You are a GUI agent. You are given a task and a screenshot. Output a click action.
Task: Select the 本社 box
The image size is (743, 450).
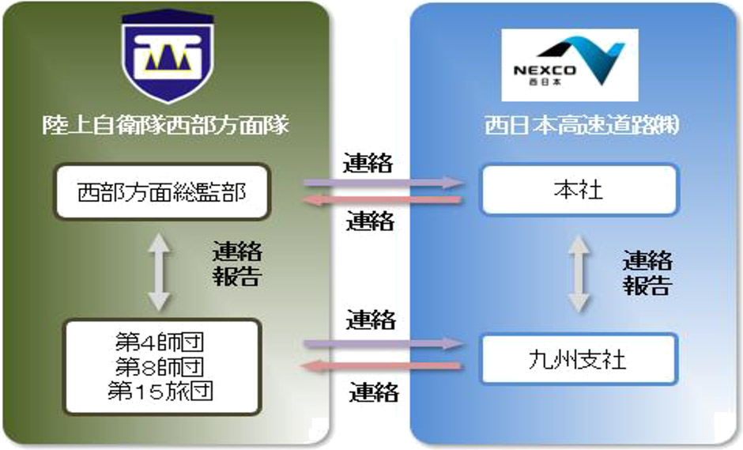point(579,190)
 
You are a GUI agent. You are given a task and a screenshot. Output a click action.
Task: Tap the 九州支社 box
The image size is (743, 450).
point(579,360)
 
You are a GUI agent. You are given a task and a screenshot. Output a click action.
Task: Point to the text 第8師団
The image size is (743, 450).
point(161,367)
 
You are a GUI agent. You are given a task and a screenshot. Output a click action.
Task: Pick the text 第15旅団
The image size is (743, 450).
point(161,390)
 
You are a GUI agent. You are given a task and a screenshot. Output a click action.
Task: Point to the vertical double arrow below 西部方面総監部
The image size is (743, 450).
point(159,271)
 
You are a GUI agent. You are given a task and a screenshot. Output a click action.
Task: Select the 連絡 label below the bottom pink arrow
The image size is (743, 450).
point(372,391)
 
